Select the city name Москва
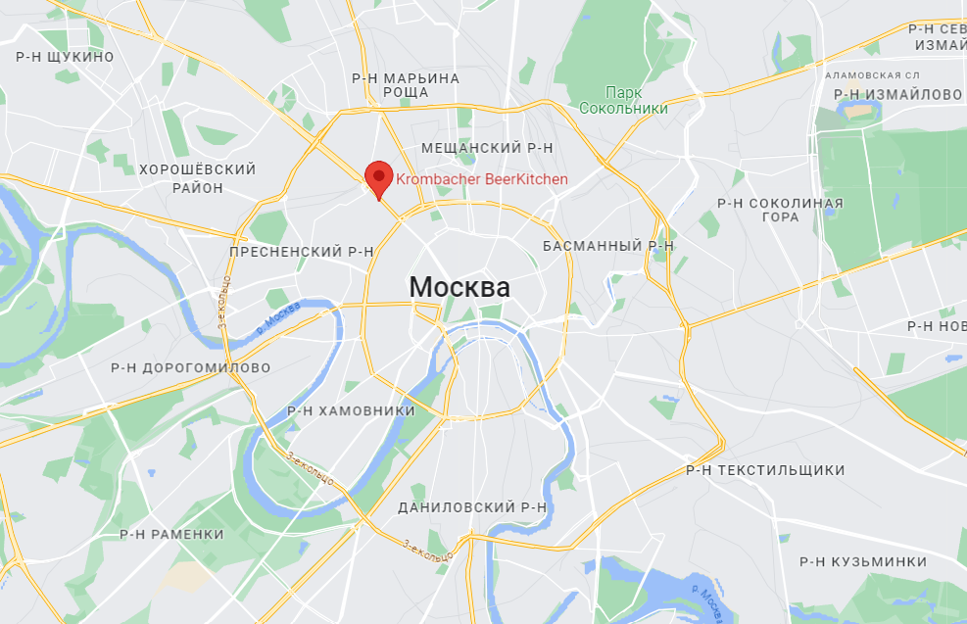coord(459,288)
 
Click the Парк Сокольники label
coord(623,100)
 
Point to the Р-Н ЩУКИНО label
coord(66,57)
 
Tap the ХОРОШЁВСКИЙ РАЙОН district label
coord(197,178)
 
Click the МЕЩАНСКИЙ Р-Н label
coord(487,147)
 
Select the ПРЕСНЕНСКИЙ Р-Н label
coord(302,252)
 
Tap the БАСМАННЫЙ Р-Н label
coord(608,246)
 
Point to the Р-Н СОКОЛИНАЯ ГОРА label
coord(780,210)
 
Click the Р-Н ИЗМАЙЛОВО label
coord(898,94)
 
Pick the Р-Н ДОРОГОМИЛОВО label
coord(191,368)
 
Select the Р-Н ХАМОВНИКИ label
coord(352,410)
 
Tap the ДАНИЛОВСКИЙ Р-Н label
coord(472,507)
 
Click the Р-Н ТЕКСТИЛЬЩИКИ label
coord(765,470)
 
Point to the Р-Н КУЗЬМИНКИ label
coord(863,561)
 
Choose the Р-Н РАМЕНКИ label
coord(172,534)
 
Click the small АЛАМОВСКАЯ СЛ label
coord(873,74)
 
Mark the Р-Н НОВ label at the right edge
coord(936,325)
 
